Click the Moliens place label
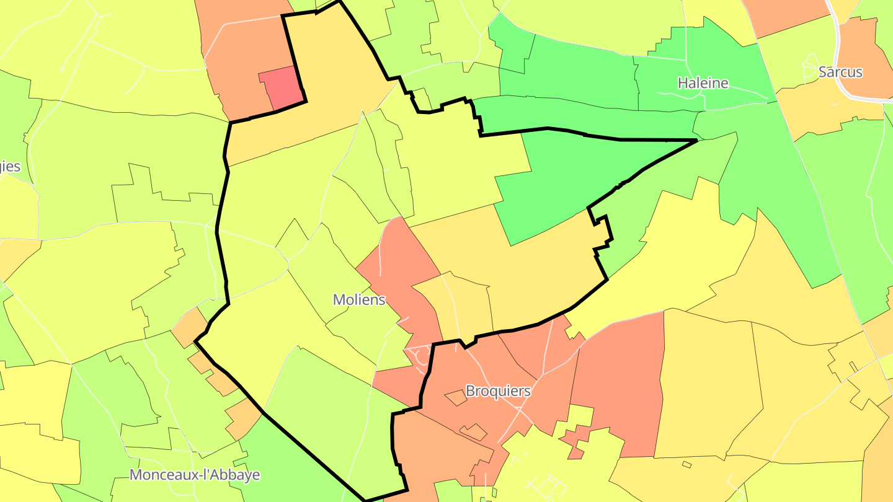point(359,300)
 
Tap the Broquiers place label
point(498,391)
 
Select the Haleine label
point(703,83)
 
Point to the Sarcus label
point(840,72)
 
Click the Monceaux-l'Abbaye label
point(195,475)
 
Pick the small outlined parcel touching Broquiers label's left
point(456,398)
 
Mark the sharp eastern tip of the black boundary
point(697,141)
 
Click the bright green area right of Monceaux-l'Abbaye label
point(291,459)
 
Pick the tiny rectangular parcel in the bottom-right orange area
point(686,464)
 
